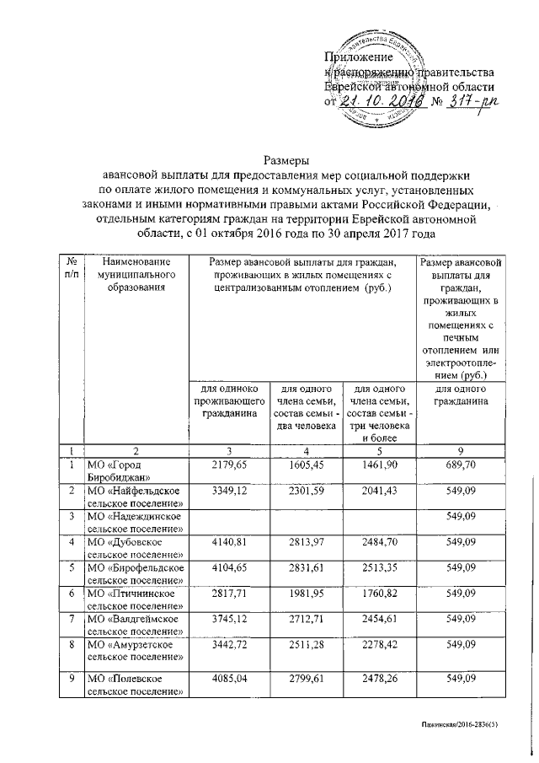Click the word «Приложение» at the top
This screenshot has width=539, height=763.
359,56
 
